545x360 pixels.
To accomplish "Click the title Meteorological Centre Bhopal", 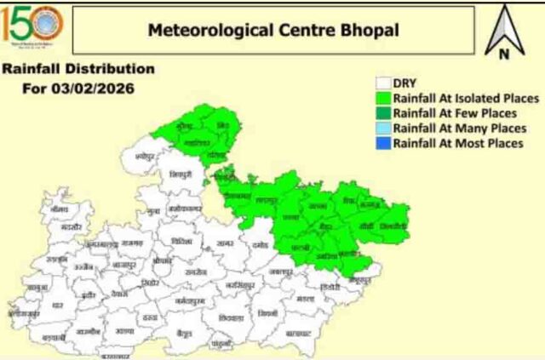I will tap(273, 31).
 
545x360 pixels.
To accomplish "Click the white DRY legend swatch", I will tap(383, 83).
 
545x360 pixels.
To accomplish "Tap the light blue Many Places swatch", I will tap(383, 129).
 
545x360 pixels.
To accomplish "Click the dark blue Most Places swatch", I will tap(383, 143).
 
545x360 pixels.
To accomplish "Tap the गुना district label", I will tap(153, 209).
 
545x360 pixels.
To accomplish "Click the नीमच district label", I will tap(58, 208).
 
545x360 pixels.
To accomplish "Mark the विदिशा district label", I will tap(181, 241).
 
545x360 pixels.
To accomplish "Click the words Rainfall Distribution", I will tap(78, 69).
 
